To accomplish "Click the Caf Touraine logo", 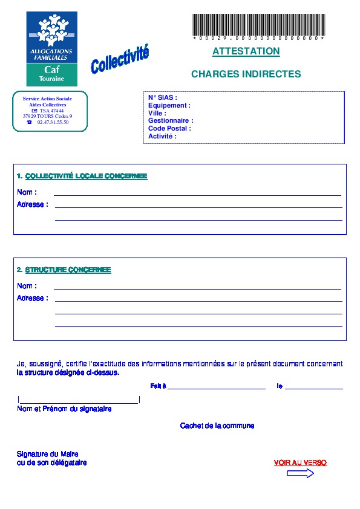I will tap(51, 48).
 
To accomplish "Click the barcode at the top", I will tap(258, 24).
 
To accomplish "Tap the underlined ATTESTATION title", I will tap(246, 51).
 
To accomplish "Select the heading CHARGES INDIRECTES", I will tap(246, 74).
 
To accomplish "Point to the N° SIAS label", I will tap(163, 97).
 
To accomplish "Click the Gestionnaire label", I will tap(171, 121).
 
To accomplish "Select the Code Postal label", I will tap(169, 129).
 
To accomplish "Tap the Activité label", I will tap(162, 137).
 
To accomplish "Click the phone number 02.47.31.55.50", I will tap(53, 122).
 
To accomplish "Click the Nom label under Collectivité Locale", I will tap(27, 192).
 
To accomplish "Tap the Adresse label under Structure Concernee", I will tap(32, 298).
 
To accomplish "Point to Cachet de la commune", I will tap(217, 426).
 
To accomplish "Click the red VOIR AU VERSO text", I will tap(300, 463).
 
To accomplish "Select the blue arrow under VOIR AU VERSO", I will tap(300, 474).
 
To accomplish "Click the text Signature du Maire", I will tap(48, 454).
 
